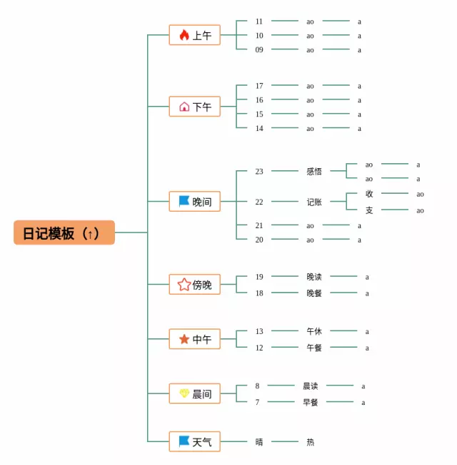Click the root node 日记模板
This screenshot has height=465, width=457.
(64, 232)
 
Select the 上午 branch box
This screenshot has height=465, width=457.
(194, 35)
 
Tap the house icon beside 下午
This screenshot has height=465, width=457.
(184, 107)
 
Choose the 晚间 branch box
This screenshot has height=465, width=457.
(194, 202)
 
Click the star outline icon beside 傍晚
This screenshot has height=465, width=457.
(184, 285)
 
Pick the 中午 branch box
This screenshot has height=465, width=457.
(194, 339)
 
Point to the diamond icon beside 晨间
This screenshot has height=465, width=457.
(184, 393)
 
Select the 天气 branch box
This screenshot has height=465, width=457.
(194, 441)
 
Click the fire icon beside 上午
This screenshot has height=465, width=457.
(184, 35)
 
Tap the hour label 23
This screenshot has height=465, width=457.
(259, 171)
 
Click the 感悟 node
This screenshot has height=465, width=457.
(314, 171)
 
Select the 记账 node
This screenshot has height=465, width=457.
(314, 202)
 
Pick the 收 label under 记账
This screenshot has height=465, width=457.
(369, 194)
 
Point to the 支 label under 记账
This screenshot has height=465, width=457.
(369, 210)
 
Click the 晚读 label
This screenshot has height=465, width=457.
(314, 276)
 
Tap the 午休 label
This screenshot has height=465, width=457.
(314, 331)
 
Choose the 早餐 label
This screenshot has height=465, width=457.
(311, 402)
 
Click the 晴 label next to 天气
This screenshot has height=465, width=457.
(259, 442)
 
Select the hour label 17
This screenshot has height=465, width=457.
(259, 86)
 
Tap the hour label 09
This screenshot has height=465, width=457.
(259, 49)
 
